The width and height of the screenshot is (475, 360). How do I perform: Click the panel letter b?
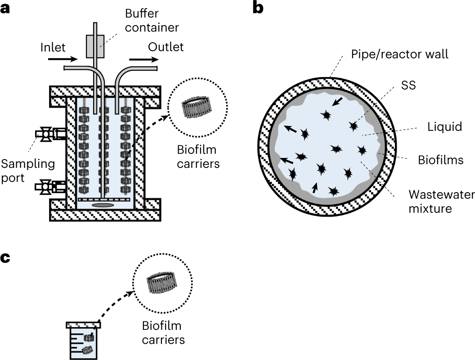pos(258,8)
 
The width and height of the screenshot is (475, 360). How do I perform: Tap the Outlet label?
pos(166,47)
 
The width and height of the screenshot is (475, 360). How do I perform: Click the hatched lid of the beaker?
pos(84,324)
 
